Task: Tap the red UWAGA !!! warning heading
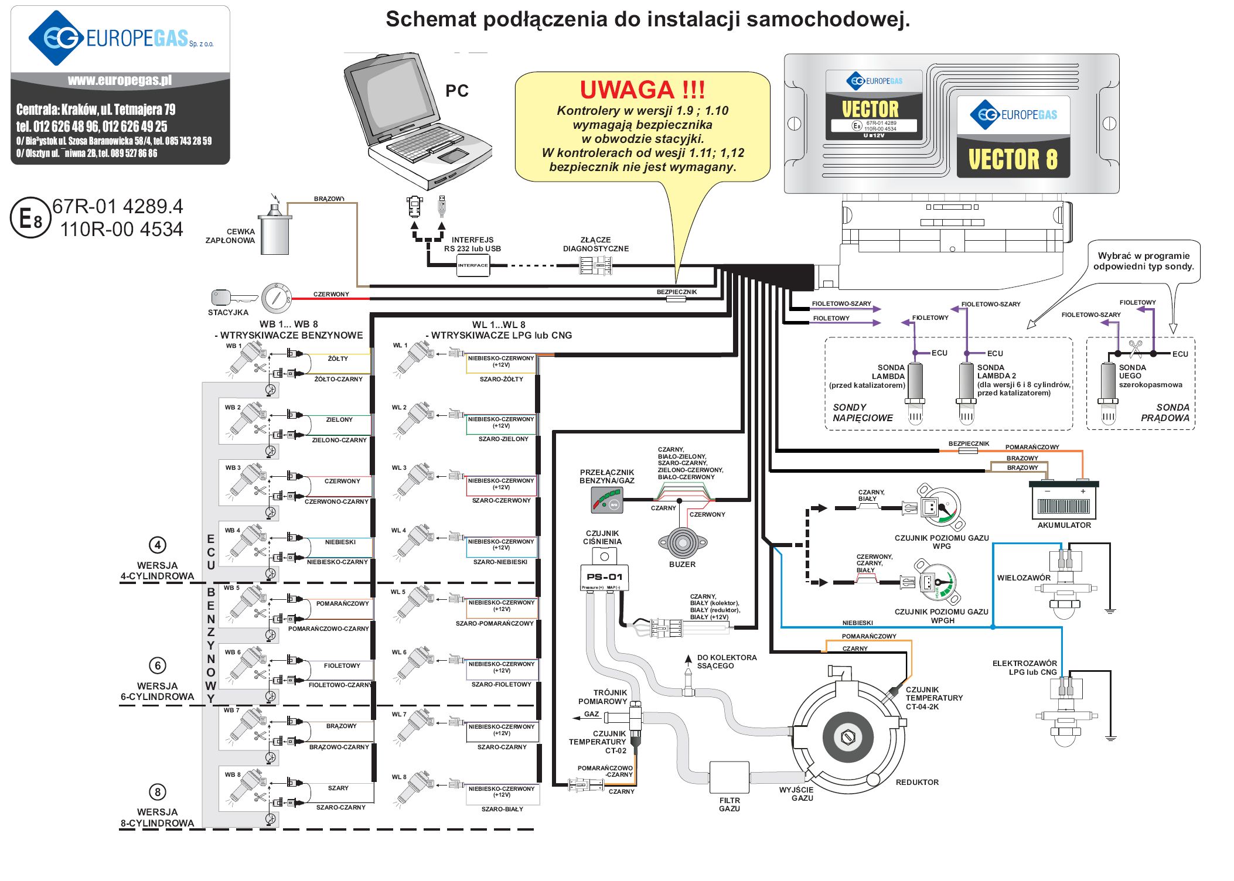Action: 642,90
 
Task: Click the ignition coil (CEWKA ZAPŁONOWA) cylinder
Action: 275,231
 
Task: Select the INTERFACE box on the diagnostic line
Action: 473,265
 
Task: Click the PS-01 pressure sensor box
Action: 604,578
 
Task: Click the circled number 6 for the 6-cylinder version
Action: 158,665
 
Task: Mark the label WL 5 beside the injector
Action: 398,592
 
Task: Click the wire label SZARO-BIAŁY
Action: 502,809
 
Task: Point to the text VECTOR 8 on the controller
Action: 1013,159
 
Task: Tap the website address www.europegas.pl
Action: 120,80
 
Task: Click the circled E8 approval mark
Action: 30,218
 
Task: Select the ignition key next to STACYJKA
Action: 233,298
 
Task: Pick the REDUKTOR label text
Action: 917,782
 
